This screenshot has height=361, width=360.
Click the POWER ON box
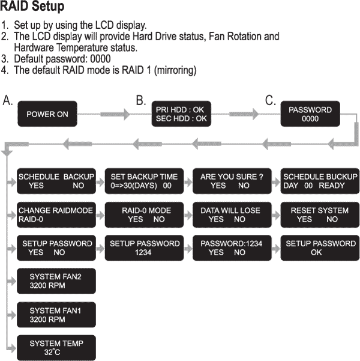pos(47,114)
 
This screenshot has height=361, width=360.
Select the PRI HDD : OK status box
pos(181,114)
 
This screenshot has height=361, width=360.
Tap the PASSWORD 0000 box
pos(310,114)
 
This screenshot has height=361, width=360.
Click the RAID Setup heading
pos(32,6)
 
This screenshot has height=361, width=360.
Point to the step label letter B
pos(141,100)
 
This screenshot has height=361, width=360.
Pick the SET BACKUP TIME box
pos(144,181)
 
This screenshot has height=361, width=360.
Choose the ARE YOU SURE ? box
pos(232,181)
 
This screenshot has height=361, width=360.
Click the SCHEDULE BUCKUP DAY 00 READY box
pos(320,181)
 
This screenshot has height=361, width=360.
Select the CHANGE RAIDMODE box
pos(56,215)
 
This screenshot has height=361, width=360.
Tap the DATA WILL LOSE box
pos(232,215)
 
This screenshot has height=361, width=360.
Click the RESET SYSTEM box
pos(320,215)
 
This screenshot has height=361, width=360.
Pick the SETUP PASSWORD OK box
pos(320,248)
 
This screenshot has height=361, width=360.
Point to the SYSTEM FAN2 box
pos(56,281)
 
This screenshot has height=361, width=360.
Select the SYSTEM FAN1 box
pos(56,315)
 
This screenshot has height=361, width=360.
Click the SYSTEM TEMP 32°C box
pos(56,348)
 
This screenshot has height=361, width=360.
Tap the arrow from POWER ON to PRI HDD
pos(115,114)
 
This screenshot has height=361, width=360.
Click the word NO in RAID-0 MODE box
pos(159,219)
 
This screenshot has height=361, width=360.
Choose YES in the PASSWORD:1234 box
pos(216,252)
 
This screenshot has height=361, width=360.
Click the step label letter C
pos(270,100)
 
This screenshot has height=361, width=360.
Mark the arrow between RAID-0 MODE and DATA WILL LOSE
pos(188,215)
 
